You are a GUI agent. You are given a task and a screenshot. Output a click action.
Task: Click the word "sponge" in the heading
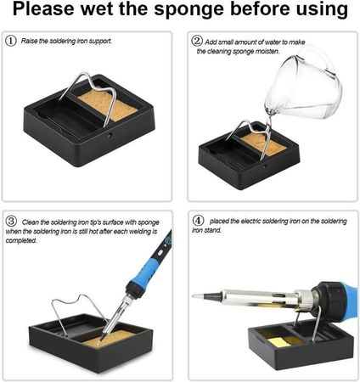(189, 10)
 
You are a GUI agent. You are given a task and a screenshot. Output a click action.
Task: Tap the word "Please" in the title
(43, 8)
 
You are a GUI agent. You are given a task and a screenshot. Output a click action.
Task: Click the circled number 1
(11, 41)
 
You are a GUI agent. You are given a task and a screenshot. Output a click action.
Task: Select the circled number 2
(197, 41)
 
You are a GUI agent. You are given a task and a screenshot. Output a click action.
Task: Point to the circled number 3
(11, 221)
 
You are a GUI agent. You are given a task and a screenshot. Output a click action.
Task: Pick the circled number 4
(198, 220)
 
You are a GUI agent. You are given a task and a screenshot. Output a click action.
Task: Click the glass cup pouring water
(303, 85)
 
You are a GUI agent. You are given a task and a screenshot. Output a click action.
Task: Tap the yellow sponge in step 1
(108, 105)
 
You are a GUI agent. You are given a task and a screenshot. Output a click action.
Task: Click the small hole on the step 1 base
(110, 135)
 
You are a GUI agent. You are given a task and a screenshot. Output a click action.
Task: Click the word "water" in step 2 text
(273, 42)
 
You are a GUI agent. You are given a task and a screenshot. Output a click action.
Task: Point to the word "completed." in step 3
(21, 241)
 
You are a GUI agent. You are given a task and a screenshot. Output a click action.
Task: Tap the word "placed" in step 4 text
(219, 221)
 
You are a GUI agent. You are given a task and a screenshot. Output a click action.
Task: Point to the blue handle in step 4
(350, 299)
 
